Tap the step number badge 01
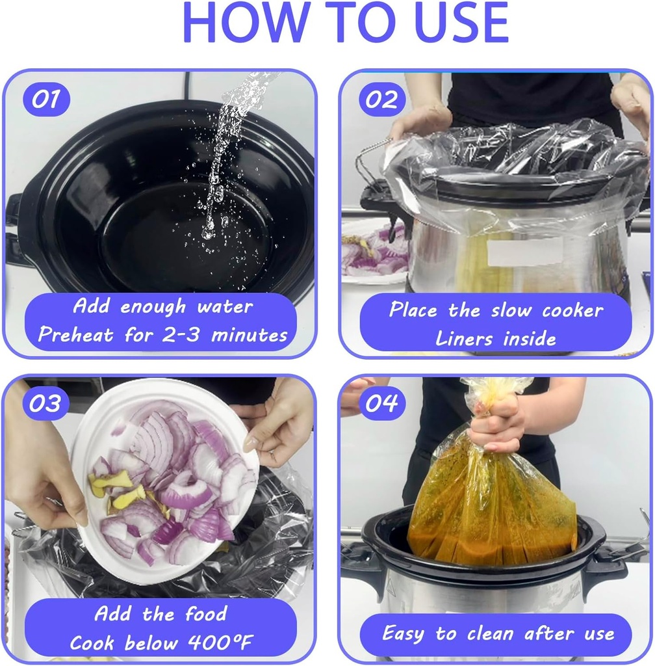coord(46,100)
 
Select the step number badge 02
coord(382,100)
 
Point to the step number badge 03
coord(46,403)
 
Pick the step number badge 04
coord(382,403)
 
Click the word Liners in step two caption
coord(464,338)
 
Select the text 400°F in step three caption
coord(220,642)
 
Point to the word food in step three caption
coord(206,614)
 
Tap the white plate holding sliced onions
coord(166,480)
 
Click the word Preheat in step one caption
coord(75,335)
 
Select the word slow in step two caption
coord(511,310)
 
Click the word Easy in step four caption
coord(403,633)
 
